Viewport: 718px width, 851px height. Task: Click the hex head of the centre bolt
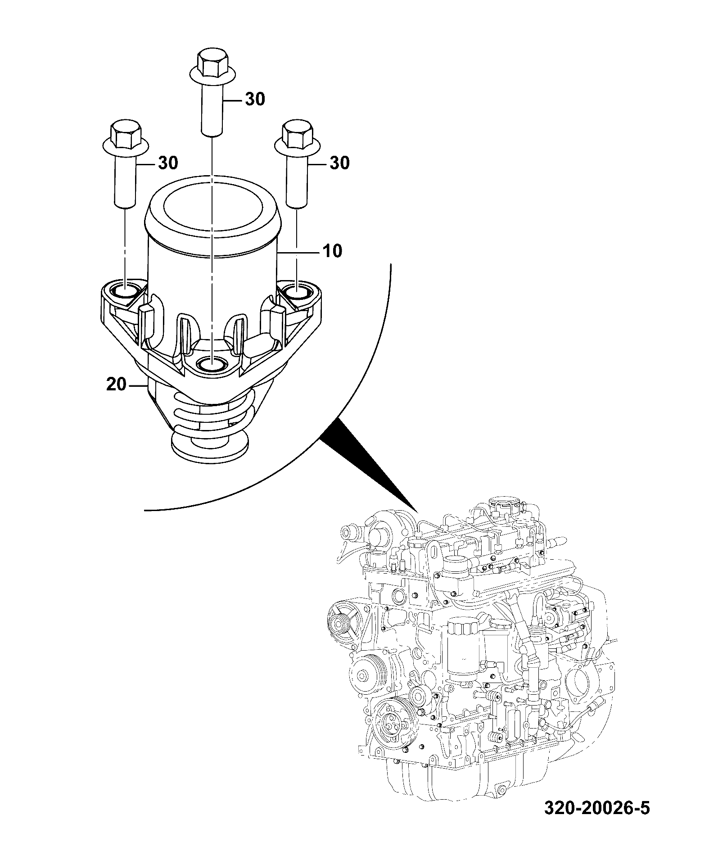tap(212, 63)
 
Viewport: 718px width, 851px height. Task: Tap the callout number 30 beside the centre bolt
tap(255, 99)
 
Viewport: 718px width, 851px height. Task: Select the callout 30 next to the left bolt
tap(167, 163)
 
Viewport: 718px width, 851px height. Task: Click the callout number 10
tap(332, 251)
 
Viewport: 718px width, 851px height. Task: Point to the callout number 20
tap(116, 385)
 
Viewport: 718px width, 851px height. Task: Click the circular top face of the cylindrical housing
tap(212, 206)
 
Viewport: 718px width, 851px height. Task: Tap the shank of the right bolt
tap(297, 177)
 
